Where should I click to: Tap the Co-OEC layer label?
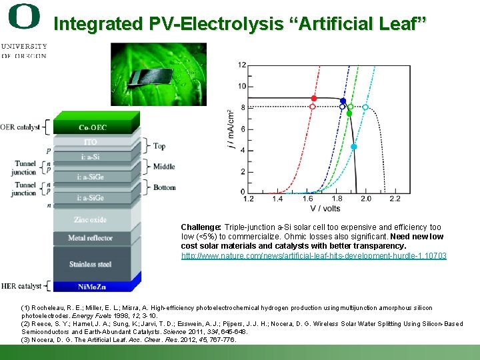click(93, 127)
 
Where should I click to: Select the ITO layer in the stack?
click(90, 142)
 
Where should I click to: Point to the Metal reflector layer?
click(91, 238)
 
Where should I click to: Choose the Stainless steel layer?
click(91, 265)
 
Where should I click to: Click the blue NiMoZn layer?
click(91, 286)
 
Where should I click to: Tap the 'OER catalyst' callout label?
click(20, 127)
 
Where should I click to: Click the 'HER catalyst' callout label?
click(21, 286)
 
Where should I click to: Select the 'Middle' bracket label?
click(164, 167)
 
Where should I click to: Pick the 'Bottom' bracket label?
click(164, 187)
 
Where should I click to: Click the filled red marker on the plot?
click(314, 98)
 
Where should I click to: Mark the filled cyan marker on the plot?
click(354, 147)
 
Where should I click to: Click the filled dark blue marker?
click(343, 101)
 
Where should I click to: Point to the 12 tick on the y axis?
click(241, 65)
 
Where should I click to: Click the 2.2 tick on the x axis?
click(394, 199)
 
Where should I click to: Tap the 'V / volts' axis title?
click(325, 209)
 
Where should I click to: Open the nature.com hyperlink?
click(314, 256)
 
